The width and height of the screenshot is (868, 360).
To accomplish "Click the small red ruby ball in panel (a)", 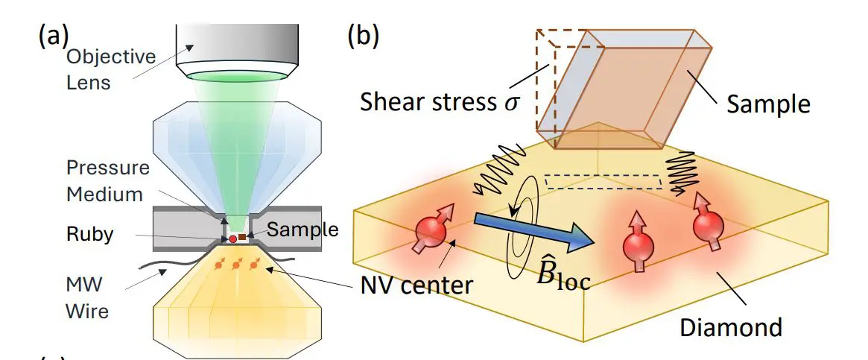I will click(232, 239).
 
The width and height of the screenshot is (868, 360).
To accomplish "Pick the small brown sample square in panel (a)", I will click(242, 238).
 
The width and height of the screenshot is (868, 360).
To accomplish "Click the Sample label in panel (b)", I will click(769, 103).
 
